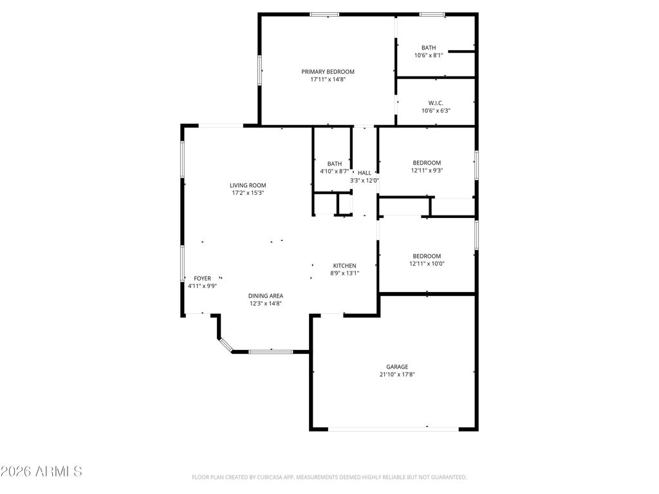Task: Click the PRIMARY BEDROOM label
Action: click(x=328, y=71)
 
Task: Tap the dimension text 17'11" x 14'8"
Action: click(x=328, y=80)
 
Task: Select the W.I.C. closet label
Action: click(x=436, y=102)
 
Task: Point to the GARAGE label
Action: click(x=397, y=367)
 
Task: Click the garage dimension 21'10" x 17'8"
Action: click(x=397, y=374)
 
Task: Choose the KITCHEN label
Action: click(x=344, y=266)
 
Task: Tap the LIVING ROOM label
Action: click(x=248, y=185)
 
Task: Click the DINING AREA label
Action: click(x=266, y=296)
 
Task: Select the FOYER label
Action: click(x=202, y=279)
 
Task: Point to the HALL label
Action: click(x=364, y=173)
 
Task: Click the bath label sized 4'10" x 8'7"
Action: click(x=334, y=163)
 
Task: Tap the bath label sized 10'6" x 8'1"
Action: click(x=429, y=48)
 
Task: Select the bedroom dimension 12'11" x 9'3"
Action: click(x=427, y=171)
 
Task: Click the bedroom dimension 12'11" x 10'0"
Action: click(x=427, y=264)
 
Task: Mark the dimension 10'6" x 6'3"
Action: click(x=436, y=111)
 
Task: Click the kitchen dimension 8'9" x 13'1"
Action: click(x=344, y=273)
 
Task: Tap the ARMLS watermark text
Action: click(x=41, y=471)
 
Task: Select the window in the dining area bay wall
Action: click(x=270, y=351)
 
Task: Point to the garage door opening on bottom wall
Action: click(x=393, y=428)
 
